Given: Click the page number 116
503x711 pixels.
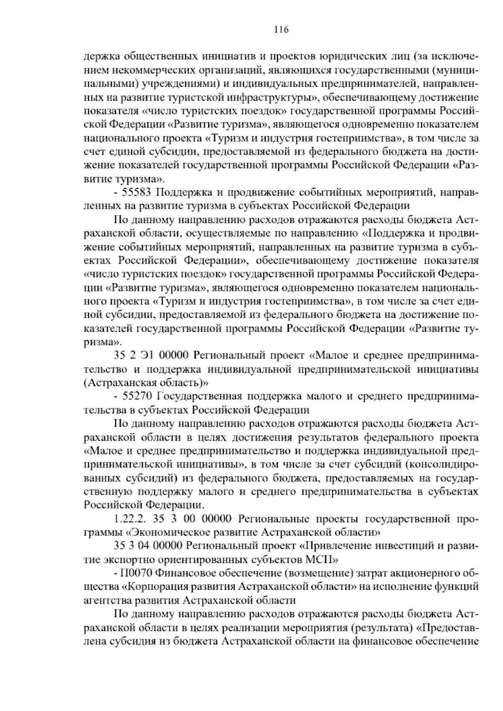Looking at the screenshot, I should tap(281, 30).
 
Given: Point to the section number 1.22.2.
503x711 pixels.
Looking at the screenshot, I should tap(130, 519).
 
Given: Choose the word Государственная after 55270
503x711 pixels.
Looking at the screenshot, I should tap(206, 396).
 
